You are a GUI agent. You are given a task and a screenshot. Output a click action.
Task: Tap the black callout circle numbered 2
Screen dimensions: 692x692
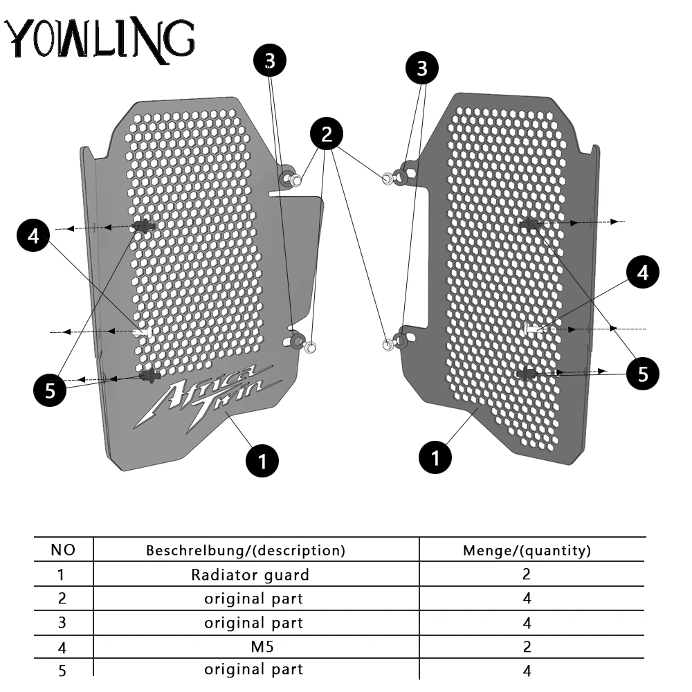pyautogui.click(x=327, y=134)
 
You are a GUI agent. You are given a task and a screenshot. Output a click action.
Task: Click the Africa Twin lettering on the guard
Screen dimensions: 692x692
pyautogui.click(x=208, y=397)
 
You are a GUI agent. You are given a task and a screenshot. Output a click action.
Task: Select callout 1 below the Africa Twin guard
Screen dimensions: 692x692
pyautogui.click(x=262, y=461)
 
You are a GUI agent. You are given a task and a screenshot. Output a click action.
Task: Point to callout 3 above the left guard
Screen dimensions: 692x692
pyautogui.click(x=270, y=60)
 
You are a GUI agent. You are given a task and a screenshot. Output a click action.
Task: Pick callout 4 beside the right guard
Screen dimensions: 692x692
pyautogui.click(x=643, y=272)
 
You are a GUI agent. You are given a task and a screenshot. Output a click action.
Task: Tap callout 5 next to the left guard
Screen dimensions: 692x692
pyautogui.click(x=50, y=390)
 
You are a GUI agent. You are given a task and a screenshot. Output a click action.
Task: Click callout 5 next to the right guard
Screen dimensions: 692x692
pyautogui.click(x=643, y=374)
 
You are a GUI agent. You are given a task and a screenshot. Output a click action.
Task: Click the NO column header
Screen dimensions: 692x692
pyautogui.click(x=63, y=550)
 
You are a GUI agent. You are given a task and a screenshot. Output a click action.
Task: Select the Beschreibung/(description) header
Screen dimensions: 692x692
pyautogui.click(x=246, y=550)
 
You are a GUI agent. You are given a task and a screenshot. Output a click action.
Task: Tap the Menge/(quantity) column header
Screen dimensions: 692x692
pyautogui.click(x=527, y=550)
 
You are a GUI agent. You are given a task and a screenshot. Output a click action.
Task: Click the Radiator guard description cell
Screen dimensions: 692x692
pyautogui.click(x=251, y=574)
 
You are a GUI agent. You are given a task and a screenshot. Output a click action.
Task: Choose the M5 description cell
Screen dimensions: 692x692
pyautogui.click(x=262, y=646)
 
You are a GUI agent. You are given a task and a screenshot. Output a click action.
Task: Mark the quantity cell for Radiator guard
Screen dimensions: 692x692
pyautogui.click(x=527, y=574)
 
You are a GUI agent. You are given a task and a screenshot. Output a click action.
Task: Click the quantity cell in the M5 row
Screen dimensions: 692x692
pyautogui.click(x=527, y=646)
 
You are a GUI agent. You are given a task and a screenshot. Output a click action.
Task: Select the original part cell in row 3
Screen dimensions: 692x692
pyautogui.click(x=254, y=623)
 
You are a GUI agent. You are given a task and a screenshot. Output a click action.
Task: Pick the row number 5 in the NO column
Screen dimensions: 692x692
pyautogui.click(x=62, y=671)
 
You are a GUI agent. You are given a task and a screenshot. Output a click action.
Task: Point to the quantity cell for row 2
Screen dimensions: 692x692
pyautogui.click(x=527, y=598)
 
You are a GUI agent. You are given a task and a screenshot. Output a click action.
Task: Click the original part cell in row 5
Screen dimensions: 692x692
pyautogui.click(x=254, y=669)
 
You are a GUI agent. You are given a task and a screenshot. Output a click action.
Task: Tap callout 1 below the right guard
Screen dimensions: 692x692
pyautogui.click(x=435, y=457)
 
